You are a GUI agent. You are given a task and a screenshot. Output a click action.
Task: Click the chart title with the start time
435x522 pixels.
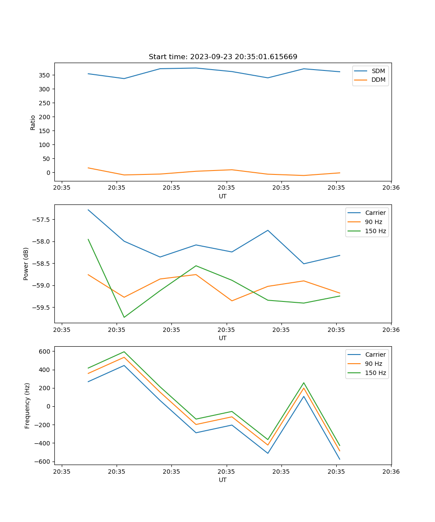click(223, 57)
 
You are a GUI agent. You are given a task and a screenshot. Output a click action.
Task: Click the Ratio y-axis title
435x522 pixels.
click(33, 122)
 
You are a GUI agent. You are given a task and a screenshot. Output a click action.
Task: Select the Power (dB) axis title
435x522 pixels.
click(26, 264)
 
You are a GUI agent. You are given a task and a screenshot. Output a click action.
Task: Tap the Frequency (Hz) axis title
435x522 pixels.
click(27, 405)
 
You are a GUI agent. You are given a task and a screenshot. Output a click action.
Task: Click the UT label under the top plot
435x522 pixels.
click(223, 196)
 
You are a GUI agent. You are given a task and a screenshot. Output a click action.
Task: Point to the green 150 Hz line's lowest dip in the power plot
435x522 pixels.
click(124, 317)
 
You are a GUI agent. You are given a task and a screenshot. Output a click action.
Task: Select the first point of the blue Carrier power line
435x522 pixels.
click(88, 210)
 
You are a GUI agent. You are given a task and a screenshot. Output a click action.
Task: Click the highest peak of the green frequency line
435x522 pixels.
click(124, 351)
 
